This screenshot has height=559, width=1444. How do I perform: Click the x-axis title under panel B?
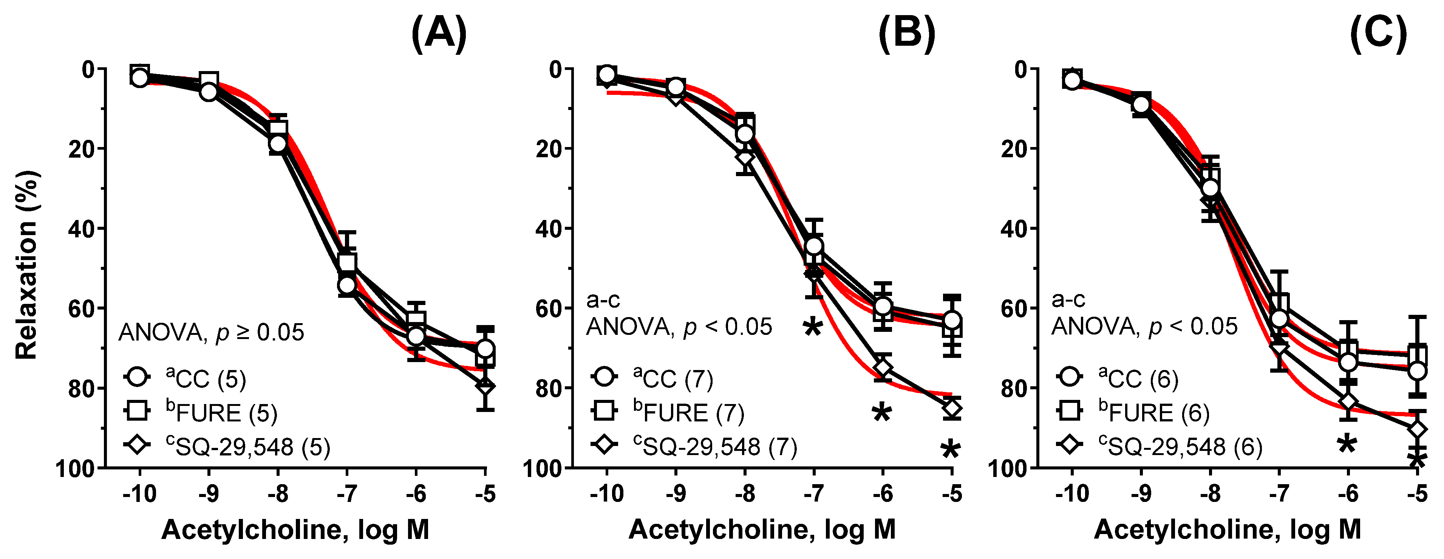point(762,529)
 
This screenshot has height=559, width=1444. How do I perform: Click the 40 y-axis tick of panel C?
point(1014,229)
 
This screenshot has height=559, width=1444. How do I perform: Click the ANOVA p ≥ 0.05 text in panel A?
point(211,333)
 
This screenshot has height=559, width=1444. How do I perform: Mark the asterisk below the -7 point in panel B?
point(813,327)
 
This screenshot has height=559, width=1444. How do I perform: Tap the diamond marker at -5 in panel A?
point(485,386)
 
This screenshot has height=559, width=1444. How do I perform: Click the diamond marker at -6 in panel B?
point(883,369)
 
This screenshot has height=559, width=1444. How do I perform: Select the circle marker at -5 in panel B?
point(952,320)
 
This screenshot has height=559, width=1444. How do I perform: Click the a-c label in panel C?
point(1068,300)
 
